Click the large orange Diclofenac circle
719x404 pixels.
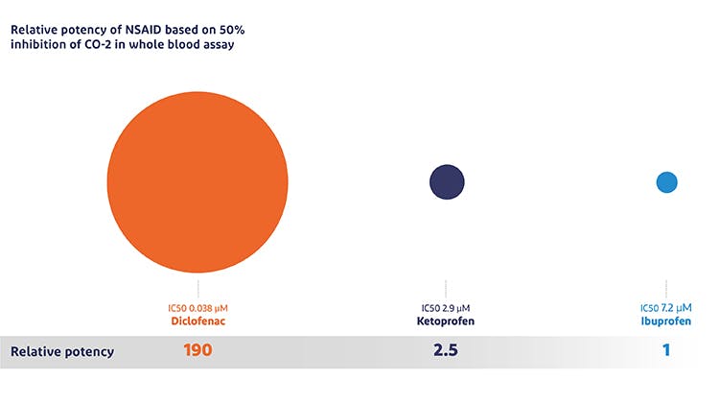(197, 181)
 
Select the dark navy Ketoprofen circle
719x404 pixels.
(447, 181)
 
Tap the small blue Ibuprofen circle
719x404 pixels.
(666, 181)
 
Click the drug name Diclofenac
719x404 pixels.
(197, 321)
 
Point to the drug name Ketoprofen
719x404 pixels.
(446, 321)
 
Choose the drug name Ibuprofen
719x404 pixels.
(666, 321)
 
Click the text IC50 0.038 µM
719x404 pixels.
(197, 308)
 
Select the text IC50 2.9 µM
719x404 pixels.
(446, 308)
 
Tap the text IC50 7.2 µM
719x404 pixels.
(666, 308)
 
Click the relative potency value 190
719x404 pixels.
(197, 351)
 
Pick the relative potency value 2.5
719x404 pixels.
(446, 351)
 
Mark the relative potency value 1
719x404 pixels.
(666, 351)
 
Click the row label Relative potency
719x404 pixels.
(62, 352)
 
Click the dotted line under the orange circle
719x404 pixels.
(197, 288)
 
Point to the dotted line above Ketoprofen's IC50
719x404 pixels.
(446, 288)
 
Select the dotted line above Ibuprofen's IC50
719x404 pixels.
(666, 288)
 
